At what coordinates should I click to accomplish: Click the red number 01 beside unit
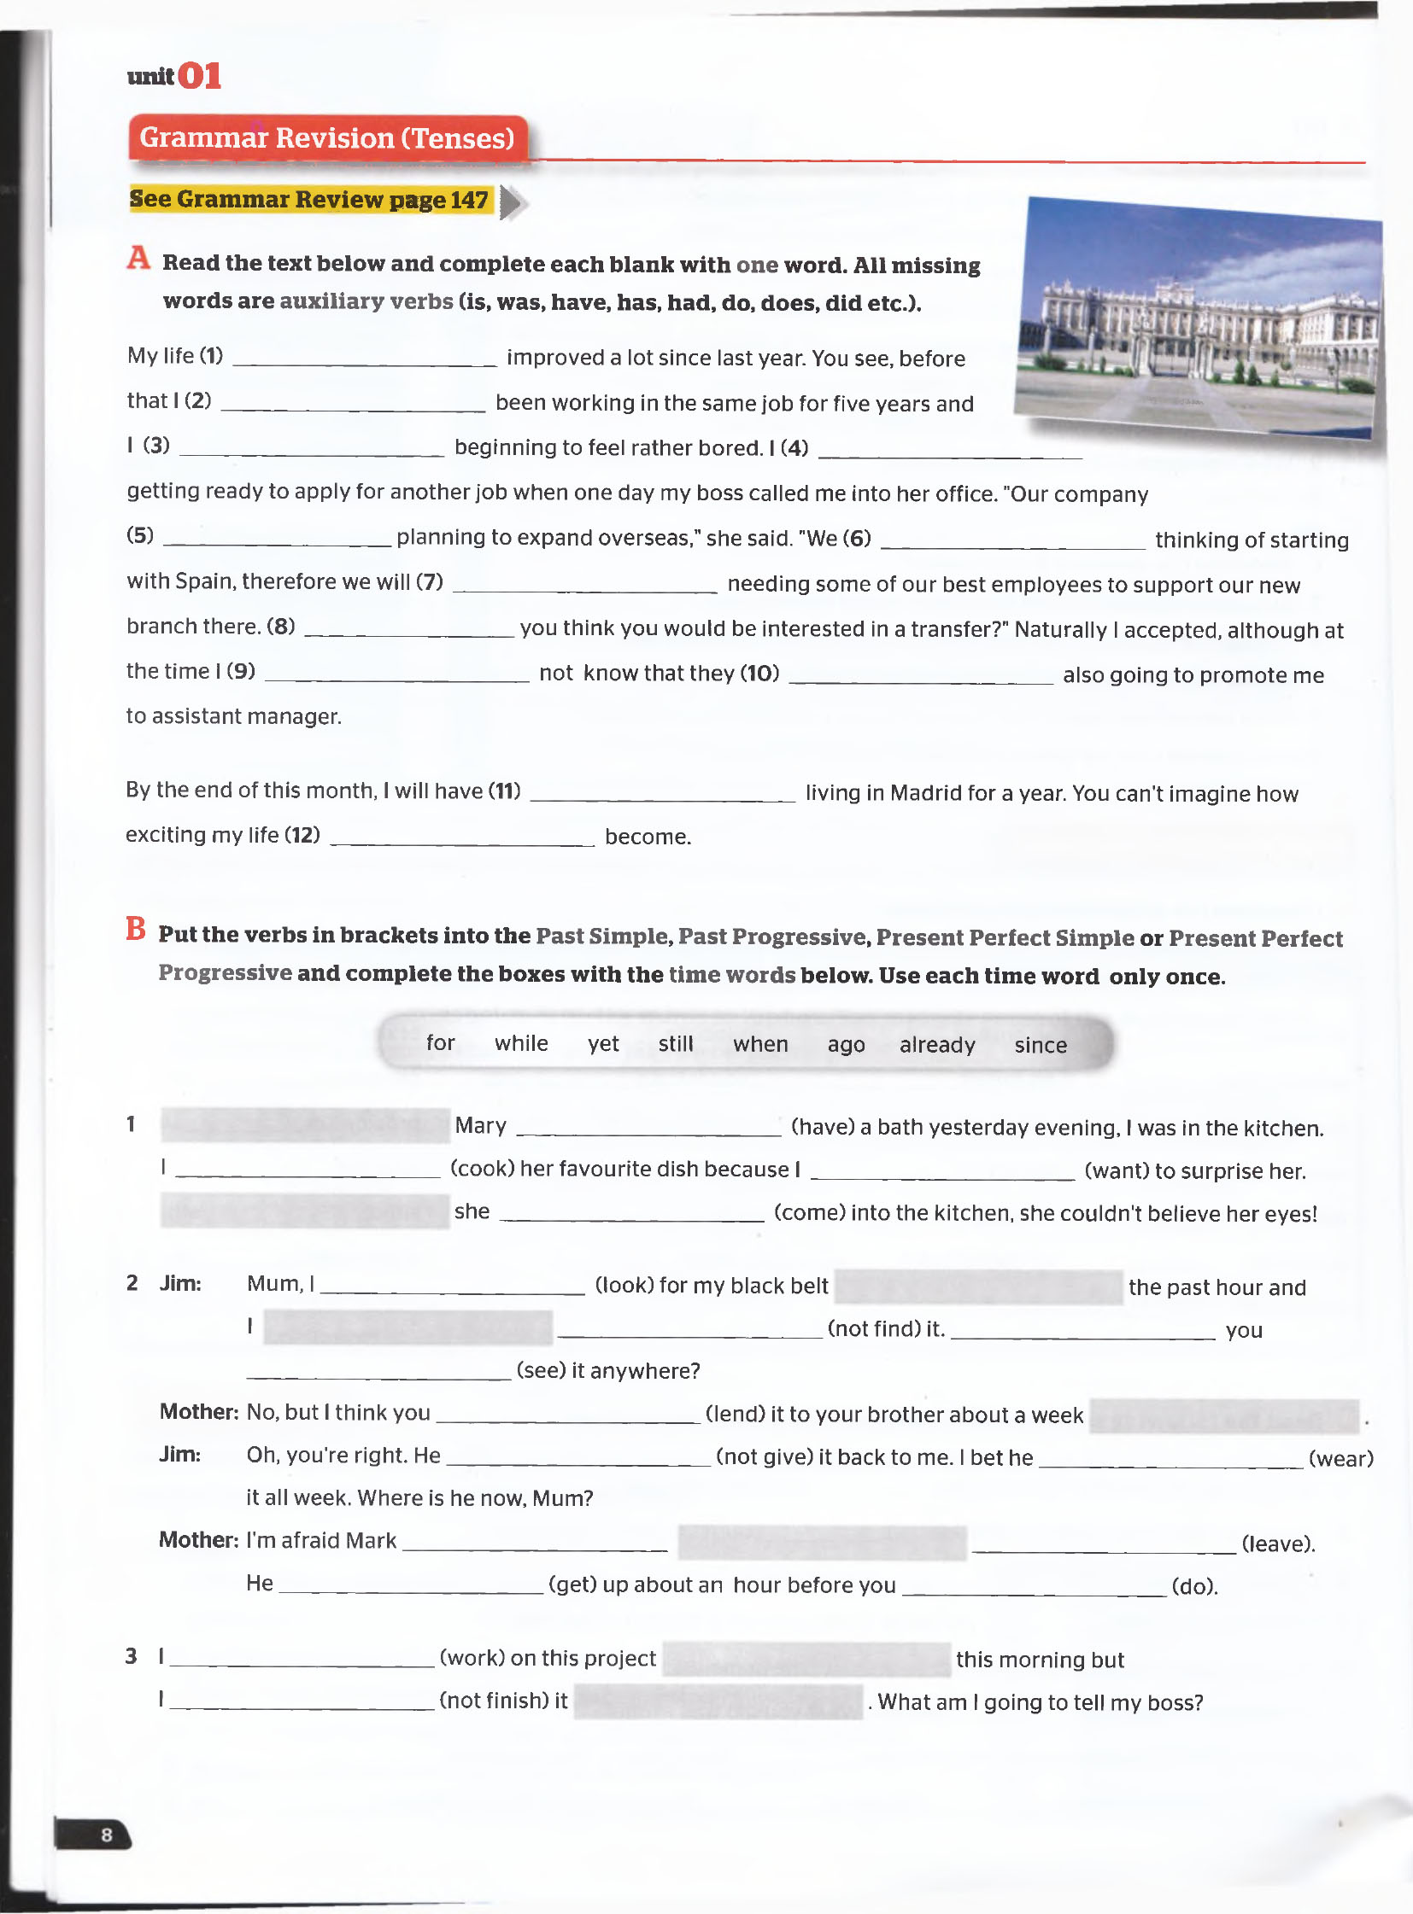click(x=199, y=76)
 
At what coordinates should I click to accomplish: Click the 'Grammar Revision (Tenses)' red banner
click(x=326, y=137)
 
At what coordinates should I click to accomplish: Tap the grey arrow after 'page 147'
click(x=513, y=202)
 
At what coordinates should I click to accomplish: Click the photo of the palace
click(x=1199, y=317)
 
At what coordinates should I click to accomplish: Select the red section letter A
click(x=138, y=257)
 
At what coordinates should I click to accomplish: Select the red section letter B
click(x=135, y=928)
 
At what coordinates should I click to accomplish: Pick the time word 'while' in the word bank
click(x=521, y=1043)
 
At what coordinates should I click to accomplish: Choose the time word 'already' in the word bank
click(x=936, y=1045)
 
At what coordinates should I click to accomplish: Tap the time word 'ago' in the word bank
click(x=845, y=1045)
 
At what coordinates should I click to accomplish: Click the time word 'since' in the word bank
click(x=1040, y=1045)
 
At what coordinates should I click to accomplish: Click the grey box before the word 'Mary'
click(x=304, y=1125)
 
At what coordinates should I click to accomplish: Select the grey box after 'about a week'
click(x=1224, y=1415)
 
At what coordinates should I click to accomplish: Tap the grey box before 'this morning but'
click(x=806, y=1660)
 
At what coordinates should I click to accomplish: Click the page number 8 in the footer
click(x=106, y=1835)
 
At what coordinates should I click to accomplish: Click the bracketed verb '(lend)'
click(x=735, y=1414)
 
